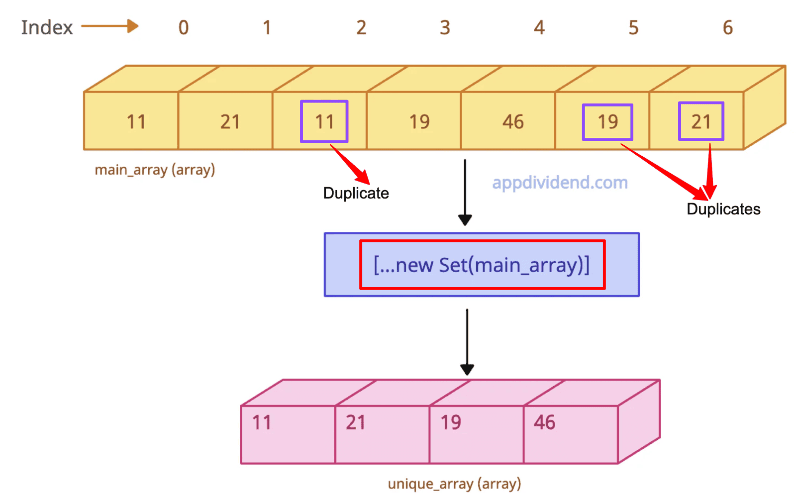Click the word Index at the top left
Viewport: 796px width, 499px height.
pyautogui.click(x=47, y=27)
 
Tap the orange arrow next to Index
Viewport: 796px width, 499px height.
pyautogui.click(x=110, y=26)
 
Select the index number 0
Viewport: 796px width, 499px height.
pyautogui.click(x=184, y=28)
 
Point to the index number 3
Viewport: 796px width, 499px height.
pyautogui.click(x=445, y=28)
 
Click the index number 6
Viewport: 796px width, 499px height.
pyautogui.click(x=728, y=28)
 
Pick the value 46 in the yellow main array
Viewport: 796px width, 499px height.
pyautogui.click(x=513, y=122)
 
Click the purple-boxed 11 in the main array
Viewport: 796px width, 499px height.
pyautogui.click(x=324, y=121)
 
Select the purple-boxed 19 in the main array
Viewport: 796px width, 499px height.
pyautogui.click(x=607, y=122)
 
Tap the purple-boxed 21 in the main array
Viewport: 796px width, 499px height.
pyautogui.click(x=701, y=121)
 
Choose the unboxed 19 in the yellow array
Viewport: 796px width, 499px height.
pyautogui.click(x=419, y=122)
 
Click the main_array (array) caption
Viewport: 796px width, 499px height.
pyautogui.click(x=155, y=170)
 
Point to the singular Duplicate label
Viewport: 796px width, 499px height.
pyautogui.click(x=356, y=194)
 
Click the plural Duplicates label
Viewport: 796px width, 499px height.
pyautogui.click(x=723, y=209)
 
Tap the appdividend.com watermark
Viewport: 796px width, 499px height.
pyautogui.click(x=560, y=183)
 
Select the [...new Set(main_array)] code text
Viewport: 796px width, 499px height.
pyautogui.click(x=482, y=265)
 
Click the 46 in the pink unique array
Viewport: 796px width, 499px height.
pyautogui.click(x=544, y=422)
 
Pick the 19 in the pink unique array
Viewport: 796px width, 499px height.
pyautogui.click(x=451, y=422)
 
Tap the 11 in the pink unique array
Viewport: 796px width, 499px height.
pyautogui.click(x=262, y=422)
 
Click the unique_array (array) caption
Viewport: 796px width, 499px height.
pyautogui.click(x=455, y=484)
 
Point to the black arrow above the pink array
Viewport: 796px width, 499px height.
pyautogui.click(x=467, y=342)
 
